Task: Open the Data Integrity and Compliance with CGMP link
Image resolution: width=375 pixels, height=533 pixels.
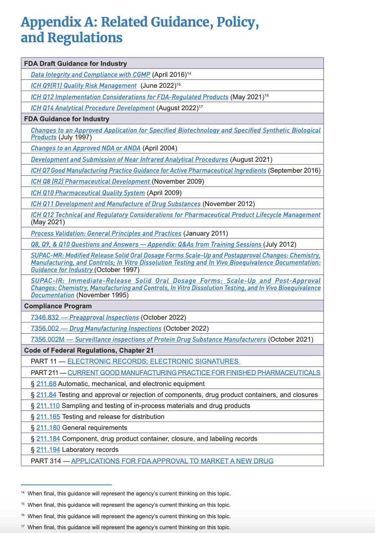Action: point(90,75)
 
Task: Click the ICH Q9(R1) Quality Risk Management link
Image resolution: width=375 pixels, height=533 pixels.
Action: point(84,86)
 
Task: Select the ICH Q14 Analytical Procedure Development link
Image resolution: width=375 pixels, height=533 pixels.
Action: point(92,108)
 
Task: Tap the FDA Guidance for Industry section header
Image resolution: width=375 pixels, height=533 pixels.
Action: point(67,119)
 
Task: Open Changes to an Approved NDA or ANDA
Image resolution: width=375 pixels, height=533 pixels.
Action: point(85,148)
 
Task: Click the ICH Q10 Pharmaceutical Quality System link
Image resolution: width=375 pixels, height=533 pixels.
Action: point(88,193)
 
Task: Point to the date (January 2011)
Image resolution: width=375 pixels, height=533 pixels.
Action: point(206,234)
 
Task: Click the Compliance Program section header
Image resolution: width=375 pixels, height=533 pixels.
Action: point(58,306)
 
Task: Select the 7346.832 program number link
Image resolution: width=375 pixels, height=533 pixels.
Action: point(45,318)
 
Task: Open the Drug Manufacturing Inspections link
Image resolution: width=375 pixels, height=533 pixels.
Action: point(115,329)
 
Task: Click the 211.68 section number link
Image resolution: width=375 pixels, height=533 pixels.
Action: point(46,384)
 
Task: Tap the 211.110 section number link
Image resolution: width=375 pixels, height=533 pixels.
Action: point(48,406)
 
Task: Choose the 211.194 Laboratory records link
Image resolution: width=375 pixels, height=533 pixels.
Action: point(48,450)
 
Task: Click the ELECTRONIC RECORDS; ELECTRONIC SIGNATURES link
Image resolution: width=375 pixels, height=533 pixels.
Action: point(153,362)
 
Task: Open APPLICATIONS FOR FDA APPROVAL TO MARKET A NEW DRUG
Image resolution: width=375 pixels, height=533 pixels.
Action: point(172,461)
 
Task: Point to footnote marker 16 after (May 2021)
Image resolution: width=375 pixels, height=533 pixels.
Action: point(266,96)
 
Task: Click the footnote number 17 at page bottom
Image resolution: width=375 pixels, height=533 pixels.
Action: point(23,527)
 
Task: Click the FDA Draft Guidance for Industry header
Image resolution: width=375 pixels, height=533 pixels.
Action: point(76,64)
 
